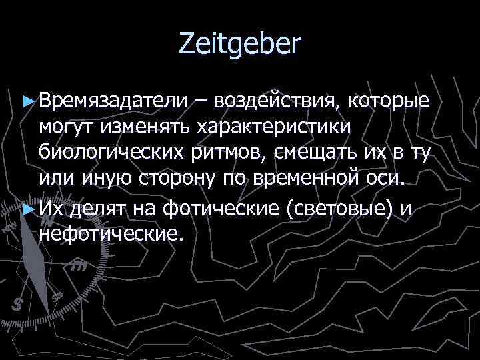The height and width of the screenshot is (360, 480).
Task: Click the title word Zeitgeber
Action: (240, 45)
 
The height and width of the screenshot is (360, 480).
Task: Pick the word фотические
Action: (219, 209)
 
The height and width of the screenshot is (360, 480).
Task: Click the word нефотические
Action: (110, 235)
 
